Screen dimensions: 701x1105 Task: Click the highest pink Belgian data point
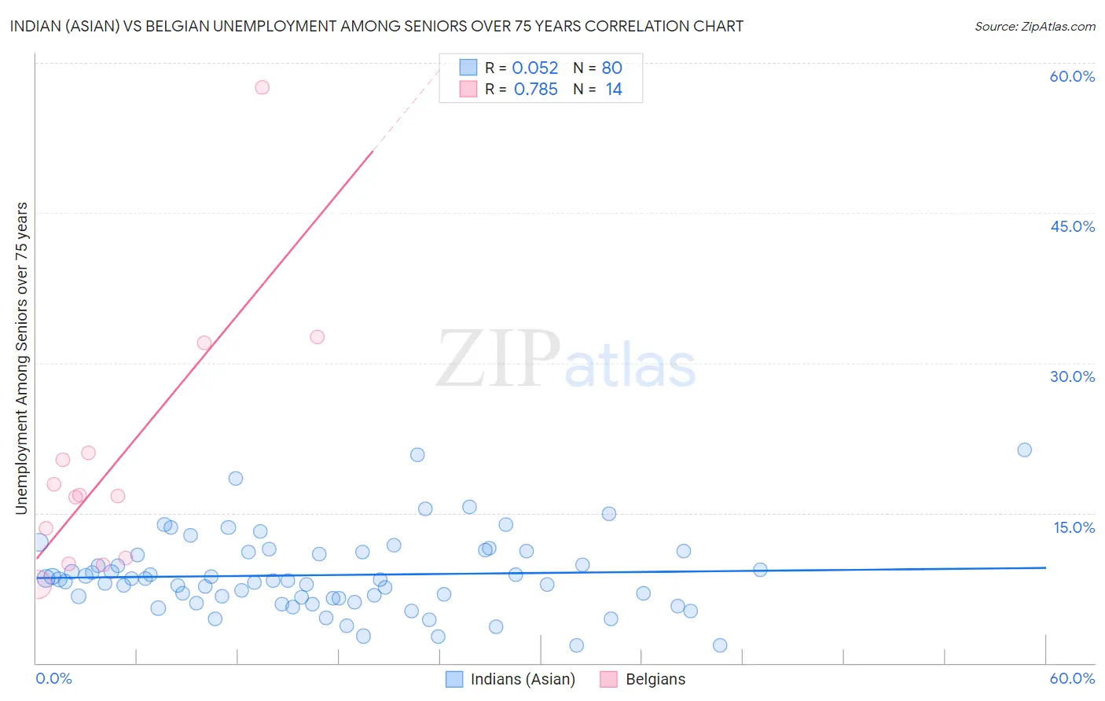click(262, 87)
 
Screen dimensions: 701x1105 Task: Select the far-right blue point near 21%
click(1024, 450)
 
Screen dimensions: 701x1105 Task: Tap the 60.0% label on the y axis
click(1072, 76)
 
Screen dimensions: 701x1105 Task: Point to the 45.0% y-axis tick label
click(1072, 226)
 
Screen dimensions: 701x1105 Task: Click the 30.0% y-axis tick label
click(1072, 376)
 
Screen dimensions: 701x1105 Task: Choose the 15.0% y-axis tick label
click(1074, 527)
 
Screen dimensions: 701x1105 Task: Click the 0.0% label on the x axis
click(53, 678)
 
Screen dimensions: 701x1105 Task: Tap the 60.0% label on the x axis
click(1072, 678)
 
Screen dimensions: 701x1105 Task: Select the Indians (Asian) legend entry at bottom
click(511, 679)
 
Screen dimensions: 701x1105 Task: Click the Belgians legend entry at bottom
click(643, 679)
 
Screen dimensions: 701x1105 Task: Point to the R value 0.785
click(535, 90)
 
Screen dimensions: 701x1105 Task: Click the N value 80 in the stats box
click(611, 68)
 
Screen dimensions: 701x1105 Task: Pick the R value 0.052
click(534, 68)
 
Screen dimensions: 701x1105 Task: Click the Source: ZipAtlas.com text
click(1034, 27)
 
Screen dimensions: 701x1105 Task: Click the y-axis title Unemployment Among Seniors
click(21, 358)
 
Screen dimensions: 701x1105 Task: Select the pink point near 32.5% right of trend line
click(318, 337)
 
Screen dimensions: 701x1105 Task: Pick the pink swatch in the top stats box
click(468, 89)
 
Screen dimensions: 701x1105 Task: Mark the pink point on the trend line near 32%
click(204, 343)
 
